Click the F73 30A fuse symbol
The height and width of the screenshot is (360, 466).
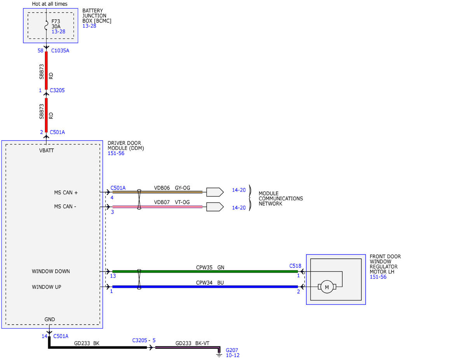tap(46, 25)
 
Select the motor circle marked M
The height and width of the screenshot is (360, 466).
tap(327, 287)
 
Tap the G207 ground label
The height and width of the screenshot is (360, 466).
tap(232, 350)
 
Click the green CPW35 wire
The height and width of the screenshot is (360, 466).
tap(205, 271)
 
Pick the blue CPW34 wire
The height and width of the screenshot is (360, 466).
tap(205, 287)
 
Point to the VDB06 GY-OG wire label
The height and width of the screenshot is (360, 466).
tap(172, 188)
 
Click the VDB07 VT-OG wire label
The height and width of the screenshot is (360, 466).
tap(172, 202)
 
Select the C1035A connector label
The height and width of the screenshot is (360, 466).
tap(60, 50)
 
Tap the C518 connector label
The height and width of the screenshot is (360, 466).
tap(295, 266)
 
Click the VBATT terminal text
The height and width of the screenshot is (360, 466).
tap(46, 151)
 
